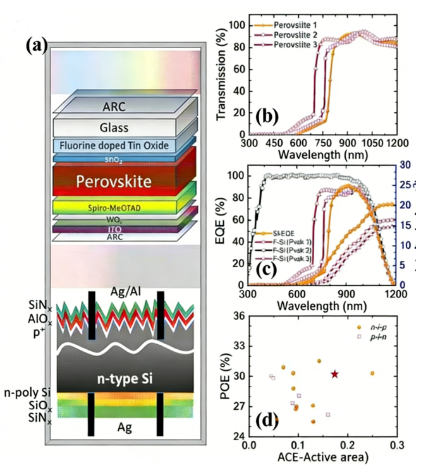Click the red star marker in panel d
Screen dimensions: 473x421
pyautogui.click(x=334, y=374)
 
